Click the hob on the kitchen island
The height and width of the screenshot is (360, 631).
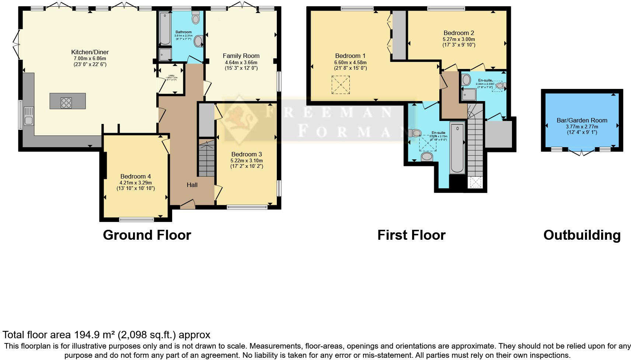[66, 102]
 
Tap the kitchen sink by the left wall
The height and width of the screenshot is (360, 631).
[28, 115]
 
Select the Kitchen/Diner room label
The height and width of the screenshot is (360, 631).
[90, 52]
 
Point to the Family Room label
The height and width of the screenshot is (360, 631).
[241, 56]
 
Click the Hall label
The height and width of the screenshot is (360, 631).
[192, 185]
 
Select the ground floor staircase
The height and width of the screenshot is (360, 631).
[206, 157]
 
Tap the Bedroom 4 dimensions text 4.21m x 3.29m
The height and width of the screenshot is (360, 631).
[136, 183]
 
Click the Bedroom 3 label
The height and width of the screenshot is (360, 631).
[247, 154]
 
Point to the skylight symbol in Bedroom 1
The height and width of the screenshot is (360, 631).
[341, 85]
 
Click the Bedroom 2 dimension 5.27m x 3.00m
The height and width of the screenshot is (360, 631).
[459, 39]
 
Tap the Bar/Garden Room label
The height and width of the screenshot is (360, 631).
[582, 120]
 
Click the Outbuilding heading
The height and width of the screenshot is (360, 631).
[582, 235]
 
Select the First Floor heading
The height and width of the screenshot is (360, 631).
[411, 235]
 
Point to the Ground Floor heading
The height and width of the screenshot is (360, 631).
[147, 235]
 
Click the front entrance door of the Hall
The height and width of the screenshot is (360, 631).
[187, 204]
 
